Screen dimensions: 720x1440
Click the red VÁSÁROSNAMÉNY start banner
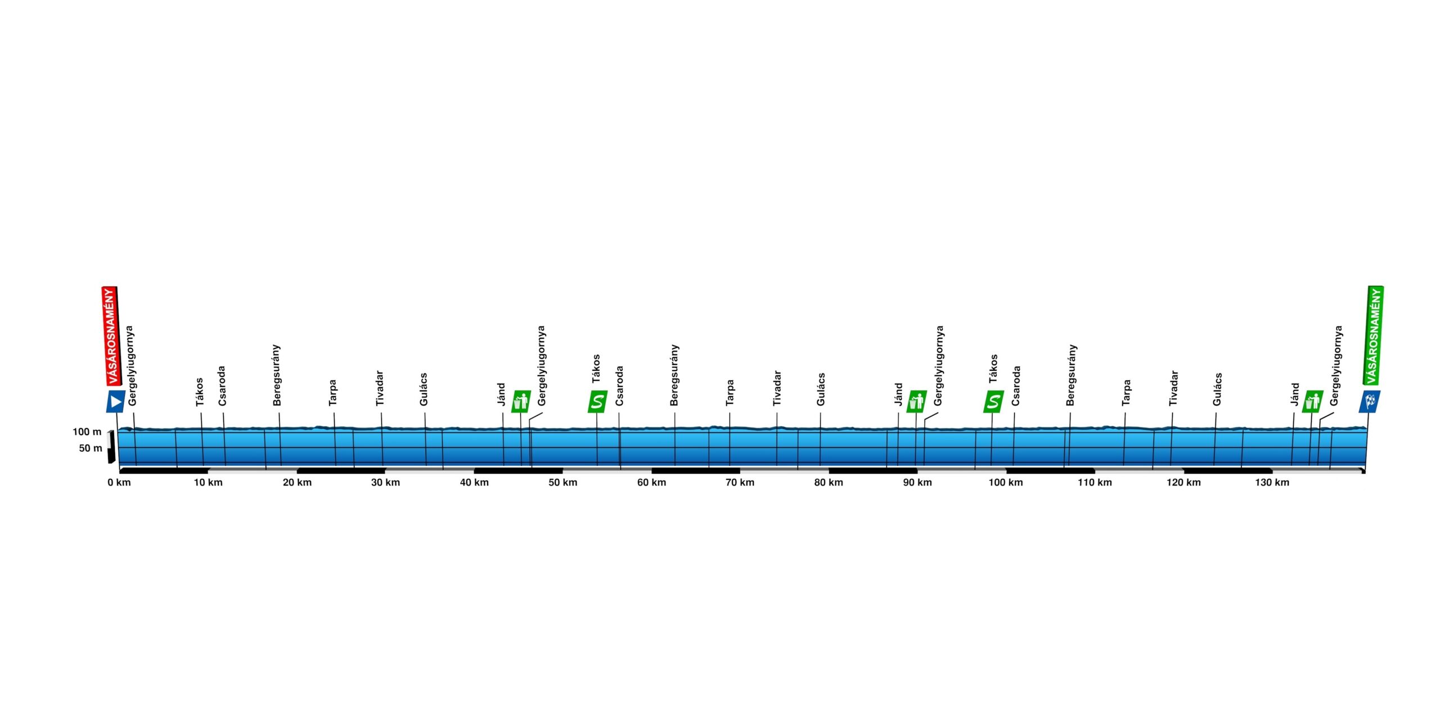(x=110, y=336)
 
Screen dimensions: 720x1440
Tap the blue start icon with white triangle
(x=116, y=402)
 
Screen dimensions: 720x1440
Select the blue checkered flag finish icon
(x=1370, y=402)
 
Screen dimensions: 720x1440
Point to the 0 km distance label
(x=119, y=483)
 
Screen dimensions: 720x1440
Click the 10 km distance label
(x=208, y=483)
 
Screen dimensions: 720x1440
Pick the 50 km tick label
(x=562, y=483)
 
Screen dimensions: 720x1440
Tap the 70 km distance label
(x=740, y=483)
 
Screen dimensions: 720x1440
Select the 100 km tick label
(x=1006, y=483)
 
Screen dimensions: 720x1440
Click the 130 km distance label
(x=1272, y=483)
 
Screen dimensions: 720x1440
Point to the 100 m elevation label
(x=87, y=432)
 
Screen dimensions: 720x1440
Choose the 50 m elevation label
(x=91, y=448)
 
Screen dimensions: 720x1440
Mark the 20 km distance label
(x=297, y=483)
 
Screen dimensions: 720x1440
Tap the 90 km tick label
(x=917, y=483)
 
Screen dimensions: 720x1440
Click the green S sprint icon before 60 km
(x=597, y=402)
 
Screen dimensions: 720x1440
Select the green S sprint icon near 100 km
(x=993, y=402)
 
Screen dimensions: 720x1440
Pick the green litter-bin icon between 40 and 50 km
(x=521, y=402)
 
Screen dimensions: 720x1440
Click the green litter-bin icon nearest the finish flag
(x=1312, y=402)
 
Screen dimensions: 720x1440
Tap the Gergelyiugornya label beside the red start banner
(x=131, y=366)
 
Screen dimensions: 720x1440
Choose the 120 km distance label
(x=1183, y=483)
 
